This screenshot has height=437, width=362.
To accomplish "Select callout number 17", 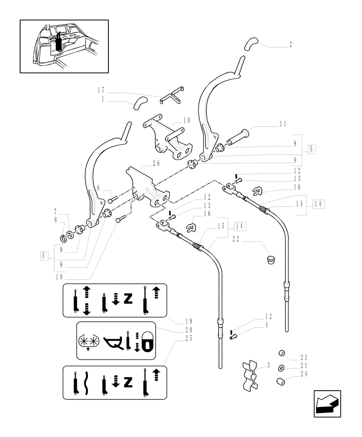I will [101, 91].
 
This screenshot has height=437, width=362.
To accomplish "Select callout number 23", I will [303, 356].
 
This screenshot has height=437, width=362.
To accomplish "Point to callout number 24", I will [303, 374].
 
